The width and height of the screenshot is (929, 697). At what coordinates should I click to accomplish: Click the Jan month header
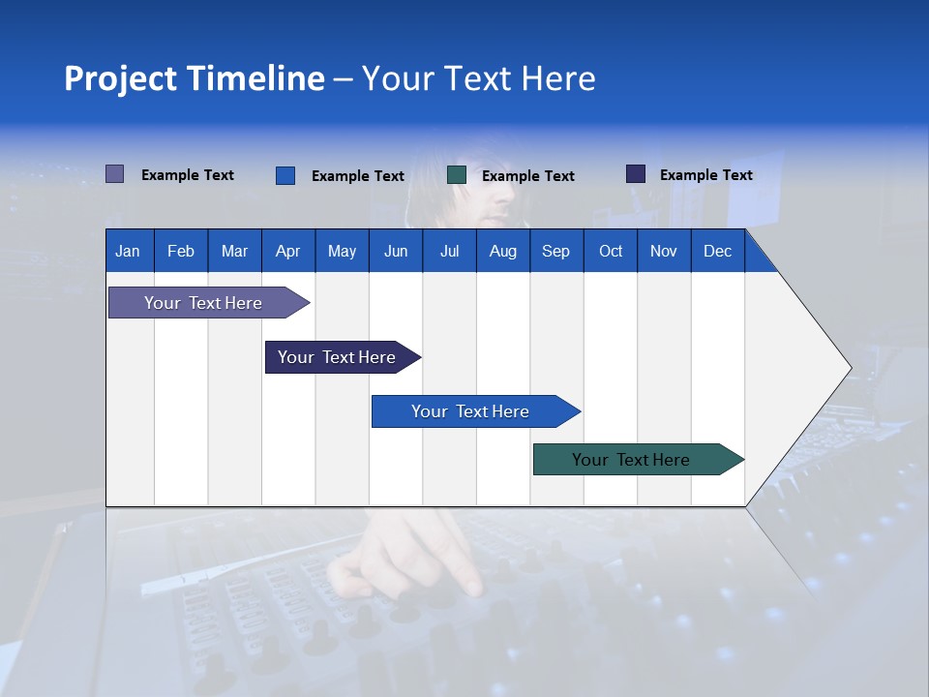coord(128,251)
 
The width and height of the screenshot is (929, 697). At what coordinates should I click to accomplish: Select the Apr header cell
coord(287,251)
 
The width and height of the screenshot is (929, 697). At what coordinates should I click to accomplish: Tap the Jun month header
coord(396,251)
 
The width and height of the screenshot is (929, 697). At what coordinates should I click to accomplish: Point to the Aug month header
coord(502,251)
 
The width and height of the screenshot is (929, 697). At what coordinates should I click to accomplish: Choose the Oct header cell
coord(611,251)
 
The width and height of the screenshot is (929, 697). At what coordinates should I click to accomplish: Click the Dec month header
coord(717,251)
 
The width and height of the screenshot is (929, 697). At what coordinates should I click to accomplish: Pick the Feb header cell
coord(181,251)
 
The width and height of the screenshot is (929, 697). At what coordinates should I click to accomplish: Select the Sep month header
coord(555,251)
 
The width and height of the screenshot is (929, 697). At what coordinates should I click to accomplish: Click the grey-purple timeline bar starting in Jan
coord(203,303)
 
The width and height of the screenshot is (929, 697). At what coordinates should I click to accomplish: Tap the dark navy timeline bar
coord(337,357)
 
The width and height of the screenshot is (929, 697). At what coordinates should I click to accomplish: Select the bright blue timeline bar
coord(470,411)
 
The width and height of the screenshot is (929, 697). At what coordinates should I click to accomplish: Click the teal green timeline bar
coord(631,460)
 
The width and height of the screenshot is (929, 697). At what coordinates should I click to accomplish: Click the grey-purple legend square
coord(114,174)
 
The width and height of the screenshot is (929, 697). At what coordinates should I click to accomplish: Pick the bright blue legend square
coord(285,175)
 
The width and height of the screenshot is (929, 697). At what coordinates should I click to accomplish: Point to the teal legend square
coord(457,175)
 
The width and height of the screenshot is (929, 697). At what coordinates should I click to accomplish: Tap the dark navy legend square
coord(636,174)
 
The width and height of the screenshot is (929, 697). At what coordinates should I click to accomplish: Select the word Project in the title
coord(120,78)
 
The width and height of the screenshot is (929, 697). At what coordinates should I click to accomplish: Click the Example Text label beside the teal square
coord(527,176)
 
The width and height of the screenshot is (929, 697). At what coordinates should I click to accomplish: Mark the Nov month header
coord(664,251)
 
